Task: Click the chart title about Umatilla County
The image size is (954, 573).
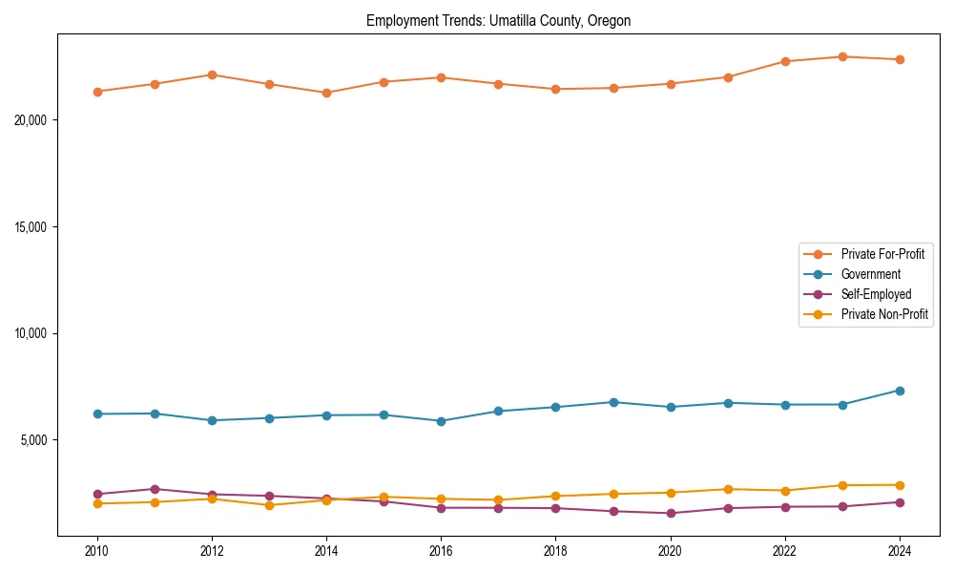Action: point(498,21)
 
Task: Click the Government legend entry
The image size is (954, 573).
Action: point(870,274)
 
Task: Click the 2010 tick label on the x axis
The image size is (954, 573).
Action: point(96,551)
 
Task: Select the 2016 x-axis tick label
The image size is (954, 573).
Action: point(441,551)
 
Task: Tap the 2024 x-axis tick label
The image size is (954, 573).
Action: point(900,551)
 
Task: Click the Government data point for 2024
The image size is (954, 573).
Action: point(900,391)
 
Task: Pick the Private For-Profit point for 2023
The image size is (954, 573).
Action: point(842,56)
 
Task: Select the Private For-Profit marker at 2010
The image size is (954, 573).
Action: point(96,92)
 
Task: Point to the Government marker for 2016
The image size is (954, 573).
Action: point(441,421)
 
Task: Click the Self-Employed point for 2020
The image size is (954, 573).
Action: point(671,514)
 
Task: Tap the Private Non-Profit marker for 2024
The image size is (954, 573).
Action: point(900,485)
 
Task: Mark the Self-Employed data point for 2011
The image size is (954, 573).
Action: point(155,489)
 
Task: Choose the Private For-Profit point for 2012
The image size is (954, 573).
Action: point(212,74)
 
